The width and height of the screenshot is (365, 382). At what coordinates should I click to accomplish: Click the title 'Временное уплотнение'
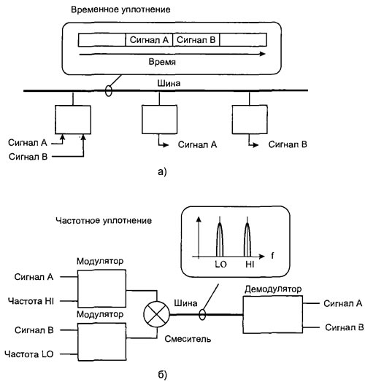tap(120, 9)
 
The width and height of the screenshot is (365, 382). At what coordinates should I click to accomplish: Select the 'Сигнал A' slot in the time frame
tap(149, 39)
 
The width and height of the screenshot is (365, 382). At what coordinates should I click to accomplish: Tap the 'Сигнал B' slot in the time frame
tap(196, 39)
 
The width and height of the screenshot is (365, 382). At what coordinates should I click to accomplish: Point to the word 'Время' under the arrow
tap(162, 62)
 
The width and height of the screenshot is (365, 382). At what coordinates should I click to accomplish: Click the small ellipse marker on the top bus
tap(109, 90)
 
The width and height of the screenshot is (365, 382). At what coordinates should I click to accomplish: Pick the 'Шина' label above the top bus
tap(169, 83)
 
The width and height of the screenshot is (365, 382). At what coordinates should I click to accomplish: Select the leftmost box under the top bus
tap(73, 120)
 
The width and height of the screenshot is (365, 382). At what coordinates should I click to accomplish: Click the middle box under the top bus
tap(160, 120)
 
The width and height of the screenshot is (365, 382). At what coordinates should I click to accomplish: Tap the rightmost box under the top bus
tap(250, 120)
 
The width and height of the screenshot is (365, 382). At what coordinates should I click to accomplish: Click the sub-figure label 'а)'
tap(162, 172)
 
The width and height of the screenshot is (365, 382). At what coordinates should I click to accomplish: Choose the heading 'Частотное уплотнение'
tap(104, 221)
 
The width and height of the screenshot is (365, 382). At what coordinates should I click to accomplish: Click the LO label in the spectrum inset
tap(220, 265)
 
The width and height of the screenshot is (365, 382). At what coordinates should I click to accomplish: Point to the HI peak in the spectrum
tap(247, 239)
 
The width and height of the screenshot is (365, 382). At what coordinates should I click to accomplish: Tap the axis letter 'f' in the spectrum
tap(272, 256)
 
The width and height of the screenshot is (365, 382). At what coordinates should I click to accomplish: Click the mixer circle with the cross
tap(156, 314)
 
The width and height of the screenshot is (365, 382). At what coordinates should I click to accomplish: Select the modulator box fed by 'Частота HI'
tap(101, 289)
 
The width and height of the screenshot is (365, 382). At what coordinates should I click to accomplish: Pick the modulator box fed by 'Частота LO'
tap(101, 342)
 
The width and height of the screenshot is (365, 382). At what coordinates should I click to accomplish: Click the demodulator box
tap(273, 314)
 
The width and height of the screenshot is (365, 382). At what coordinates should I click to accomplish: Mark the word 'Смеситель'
tap(188, 339)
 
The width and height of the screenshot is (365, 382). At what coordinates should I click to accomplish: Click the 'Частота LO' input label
tap(29, 354)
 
